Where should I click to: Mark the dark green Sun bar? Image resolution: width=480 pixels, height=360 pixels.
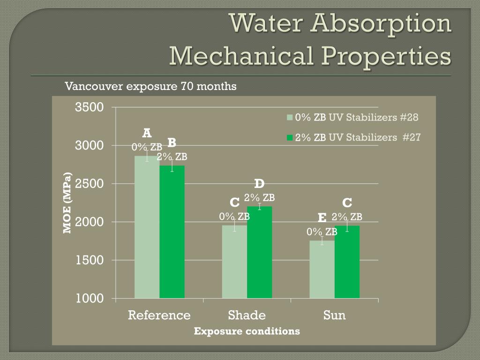(x=347, y=262)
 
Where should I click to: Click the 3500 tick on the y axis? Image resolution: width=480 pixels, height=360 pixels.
(x=89, y=107)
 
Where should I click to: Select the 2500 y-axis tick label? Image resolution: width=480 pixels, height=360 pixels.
(x=90, y=184)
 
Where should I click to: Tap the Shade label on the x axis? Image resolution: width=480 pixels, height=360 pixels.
(x=247, y=315)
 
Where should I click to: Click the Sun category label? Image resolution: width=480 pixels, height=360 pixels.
(x=334, y=315)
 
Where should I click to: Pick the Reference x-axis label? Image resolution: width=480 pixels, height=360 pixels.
(x=159, y=315)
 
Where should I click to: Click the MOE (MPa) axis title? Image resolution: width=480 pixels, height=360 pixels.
(x=68, y=203)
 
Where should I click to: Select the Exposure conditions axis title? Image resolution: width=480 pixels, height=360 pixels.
(x=247, y=331)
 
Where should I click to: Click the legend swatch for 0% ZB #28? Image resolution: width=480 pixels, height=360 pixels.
(x=290, y=118)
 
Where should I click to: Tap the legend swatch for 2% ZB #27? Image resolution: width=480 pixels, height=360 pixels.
(x=290, y=138)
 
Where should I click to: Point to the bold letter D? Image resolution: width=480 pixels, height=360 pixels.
(x=259, y=183)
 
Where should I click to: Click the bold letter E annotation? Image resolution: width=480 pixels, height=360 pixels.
(x=322, y=217)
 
